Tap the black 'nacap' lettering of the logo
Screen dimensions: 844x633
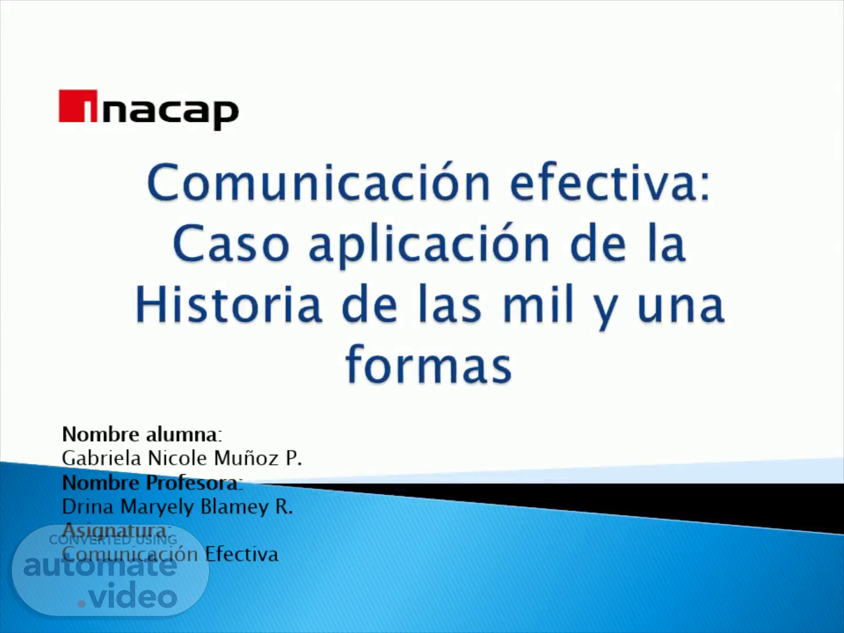tap(170, 114)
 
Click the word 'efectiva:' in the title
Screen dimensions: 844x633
tap(610, 182)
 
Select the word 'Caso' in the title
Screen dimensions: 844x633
tap(231, 243)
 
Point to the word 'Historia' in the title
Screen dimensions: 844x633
tap(229, 304)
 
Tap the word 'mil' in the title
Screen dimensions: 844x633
tap(538, 304)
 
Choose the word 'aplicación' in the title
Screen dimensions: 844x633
tap(429, 246)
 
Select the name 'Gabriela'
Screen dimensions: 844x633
tap(101, 458)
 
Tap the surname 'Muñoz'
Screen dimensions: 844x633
tap(247, 458)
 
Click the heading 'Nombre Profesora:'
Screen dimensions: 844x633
tap(152, 483)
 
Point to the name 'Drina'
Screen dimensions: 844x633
tap(88, 506)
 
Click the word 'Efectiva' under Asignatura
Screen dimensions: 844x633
tap(241, 554)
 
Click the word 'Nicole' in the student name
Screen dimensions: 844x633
tap(178, 458)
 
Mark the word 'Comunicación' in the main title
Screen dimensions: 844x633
tap(319, 182)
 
